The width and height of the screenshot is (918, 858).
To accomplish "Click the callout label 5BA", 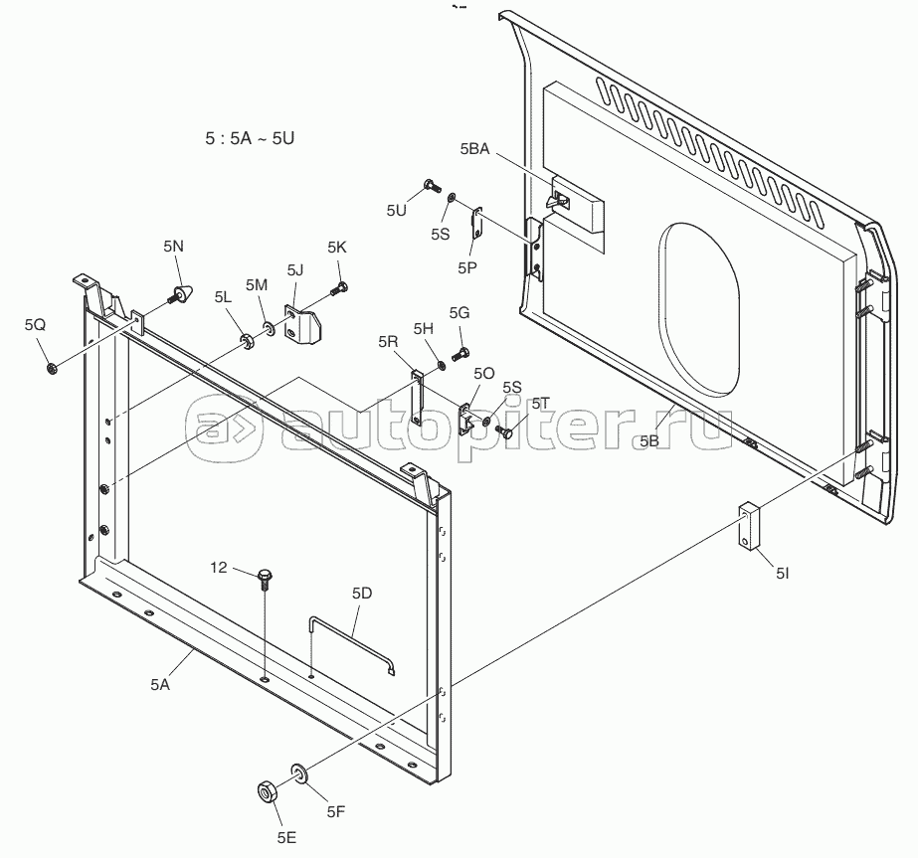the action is [x=474, y=149].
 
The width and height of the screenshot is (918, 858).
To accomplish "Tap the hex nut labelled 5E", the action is [x=268, y=792].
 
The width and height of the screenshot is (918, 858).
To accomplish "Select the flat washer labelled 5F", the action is [x=299, y=773].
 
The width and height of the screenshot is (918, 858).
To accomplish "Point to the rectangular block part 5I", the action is [x=748, y=526].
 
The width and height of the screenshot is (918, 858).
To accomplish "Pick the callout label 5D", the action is [x=362, y=594].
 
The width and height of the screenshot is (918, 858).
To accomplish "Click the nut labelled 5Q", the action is [x=52, y=368].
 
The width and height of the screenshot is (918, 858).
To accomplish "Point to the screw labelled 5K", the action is [x=339, y=288].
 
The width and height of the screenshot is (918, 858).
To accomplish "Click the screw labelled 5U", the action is [x=432, y=186].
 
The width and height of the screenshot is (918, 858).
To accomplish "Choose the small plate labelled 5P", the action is [x=477, y=223].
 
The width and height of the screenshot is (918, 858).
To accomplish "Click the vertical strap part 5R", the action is [x=417, y=398].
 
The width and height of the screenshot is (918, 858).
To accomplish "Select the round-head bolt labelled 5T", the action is [x=503, y=432].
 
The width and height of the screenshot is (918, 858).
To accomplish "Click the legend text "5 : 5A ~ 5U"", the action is [x=250, y=138].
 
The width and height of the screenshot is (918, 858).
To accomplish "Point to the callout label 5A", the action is [x=160, y=684].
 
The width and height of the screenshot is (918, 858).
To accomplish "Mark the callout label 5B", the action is [x=649, y=441].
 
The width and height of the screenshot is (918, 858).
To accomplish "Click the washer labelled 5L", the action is [x=247, y=341].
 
